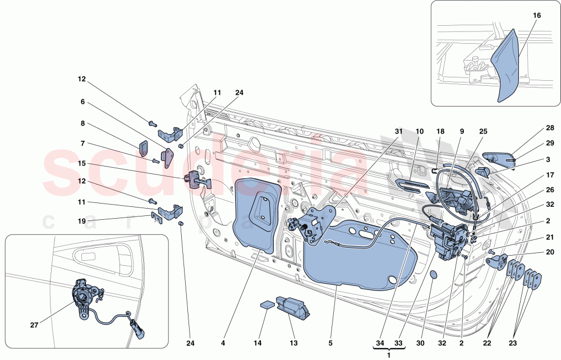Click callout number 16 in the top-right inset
point(536,16)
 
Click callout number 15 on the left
point(82,163)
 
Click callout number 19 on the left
point(82,221)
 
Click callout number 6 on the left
point(82,102)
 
